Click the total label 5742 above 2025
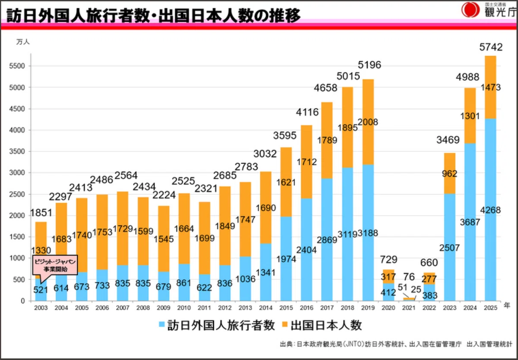tap(491, 47)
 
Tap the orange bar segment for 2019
tap(368, 122)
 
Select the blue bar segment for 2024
tap(470, 222)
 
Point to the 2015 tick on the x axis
tap(286, 308)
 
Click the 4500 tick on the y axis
tap(17, 109)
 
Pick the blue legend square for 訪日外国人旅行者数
tap(162, 325)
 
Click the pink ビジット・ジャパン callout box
tap(55, 265)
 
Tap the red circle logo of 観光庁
tap(471, 9)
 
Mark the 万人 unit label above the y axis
tap(23, 42)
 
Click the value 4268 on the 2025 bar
tap(490, 210)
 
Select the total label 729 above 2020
tap(389, 260)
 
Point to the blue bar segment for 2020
tap(388, 292)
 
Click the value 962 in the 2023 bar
tap(449, 174)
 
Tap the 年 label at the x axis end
tap(507, 306)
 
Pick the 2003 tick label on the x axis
tap(41, 308)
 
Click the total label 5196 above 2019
tap(370, 65)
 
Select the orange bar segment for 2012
tap(225, 226)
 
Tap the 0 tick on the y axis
tap(22, 301)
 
